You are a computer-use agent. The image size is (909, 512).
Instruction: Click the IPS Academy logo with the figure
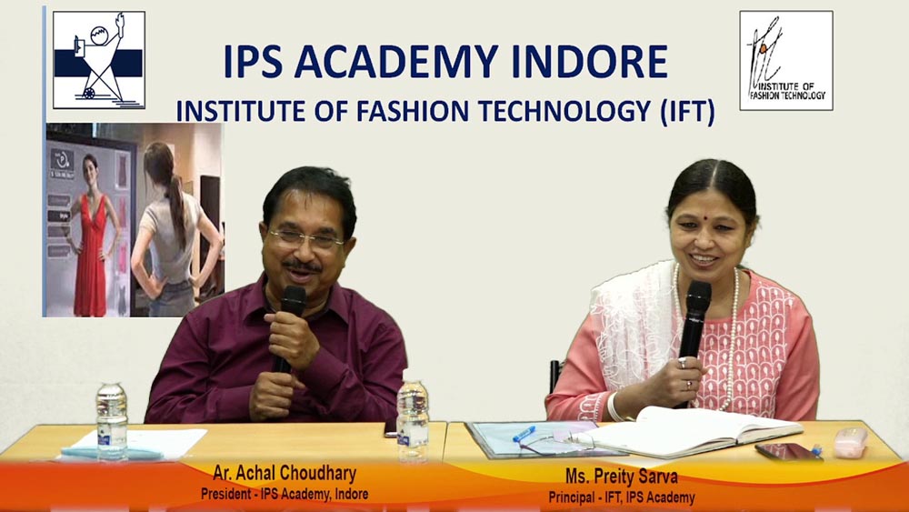98,60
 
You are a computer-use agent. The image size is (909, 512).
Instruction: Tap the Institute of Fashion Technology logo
786,60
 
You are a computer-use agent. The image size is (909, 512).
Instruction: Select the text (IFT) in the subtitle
687,111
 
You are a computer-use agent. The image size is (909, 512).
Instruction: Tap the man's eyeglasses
305,237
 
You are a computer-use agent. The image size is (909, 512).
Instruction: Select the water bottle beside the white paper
111,422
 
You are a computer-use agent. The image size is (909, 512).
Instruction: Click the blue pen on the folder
524,434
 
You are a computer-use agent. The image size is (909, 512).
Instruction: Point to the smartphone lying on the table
788,452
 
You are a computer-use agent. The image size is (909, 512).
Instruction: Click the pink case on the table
851,442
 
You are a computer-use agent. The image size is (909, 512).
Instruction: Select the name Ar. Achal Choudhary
285,474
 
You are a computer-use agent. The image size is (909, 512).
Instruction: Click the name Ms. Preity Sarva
622,477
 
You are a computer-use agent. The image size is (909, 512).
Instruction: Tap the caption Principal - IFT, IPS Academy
622,497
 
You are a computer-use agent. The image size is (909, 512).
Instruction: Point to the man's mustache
303,266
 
